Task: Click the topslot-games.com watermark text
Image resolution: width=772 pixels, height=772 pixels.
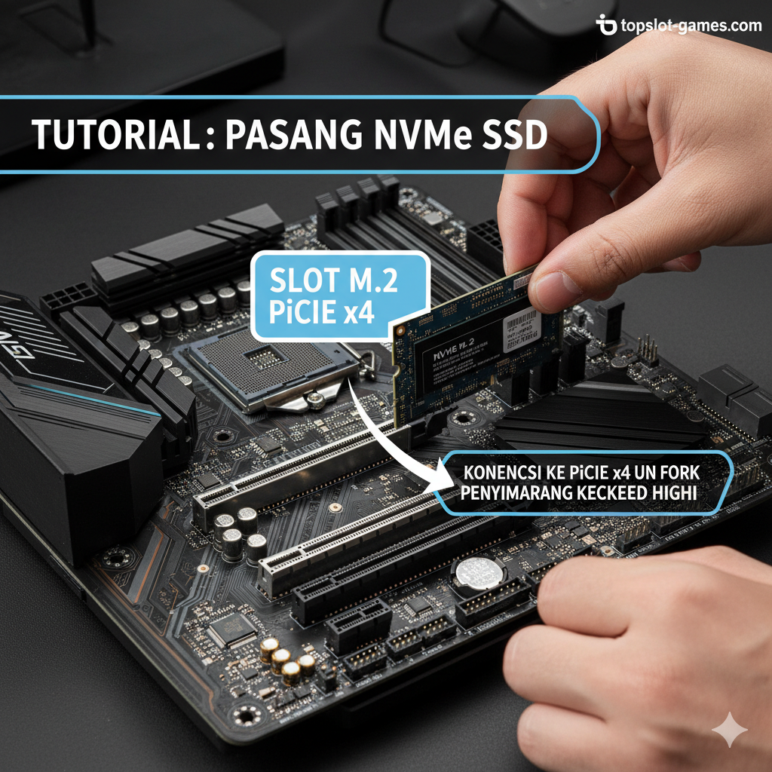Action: [691, 26]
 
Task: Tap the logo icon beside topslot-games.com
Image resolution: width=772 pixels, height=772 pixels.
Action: [605, 26]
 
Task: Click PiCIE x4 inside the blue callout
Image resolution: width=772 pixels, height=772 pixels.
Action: [322, 313]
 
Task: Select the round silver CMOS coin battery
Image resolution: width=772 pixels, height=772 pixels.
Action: [479, 573]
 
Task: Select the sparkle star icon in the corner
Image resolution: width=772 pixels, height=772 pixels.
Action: [730, 731]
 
